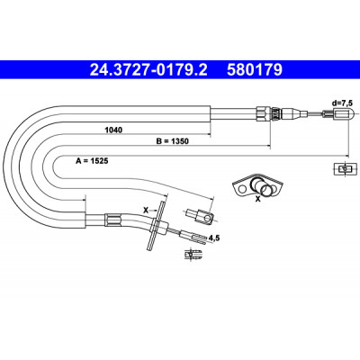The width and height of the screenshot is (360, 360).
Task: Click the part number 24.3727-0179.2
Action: coord(148,70)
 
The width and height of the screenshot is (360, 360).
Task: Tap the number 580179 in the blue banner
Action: coord(255,70)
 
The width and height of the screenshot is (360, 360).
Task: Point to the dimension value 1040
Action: coord(113,130)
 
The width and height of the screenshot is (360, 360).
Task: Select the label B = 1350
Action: coord(173,141)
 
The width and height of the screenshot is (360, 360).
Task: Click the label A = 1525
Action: coord(92,161)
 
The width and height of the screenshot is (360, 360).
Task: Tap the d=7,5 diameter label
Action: coord(342,103)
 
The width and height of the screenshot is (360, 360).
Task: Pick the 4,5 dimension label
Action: coord(214,238)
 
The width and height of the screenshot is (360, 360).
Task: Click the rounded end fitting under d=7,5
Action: coord(345,114)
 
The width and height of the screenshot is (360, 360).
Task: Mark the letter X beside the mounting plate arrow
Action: coord(146,211)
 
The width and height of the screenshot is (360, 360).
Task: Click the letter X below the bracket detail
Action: coord(257,198)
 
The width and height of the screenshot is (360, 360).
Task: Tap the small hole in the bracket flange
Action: coord(241,190)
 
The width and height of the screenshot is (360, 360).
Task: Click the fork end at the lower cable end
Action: coord(193,237)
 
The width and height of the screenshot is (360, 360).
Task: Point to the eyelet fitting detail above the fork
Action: coord(199,216)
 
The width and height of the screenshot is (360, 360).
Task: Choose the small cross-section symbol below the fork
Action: coord(193,255)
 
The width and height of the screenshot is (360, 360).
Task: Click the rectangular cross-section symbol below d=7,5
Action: coord(345,169)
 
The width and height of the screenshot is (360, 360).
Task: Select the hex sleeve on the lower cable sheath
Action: coord(113,220)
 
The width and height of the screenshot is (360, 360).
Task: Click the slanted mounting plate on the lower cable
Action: coord(156,225)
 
